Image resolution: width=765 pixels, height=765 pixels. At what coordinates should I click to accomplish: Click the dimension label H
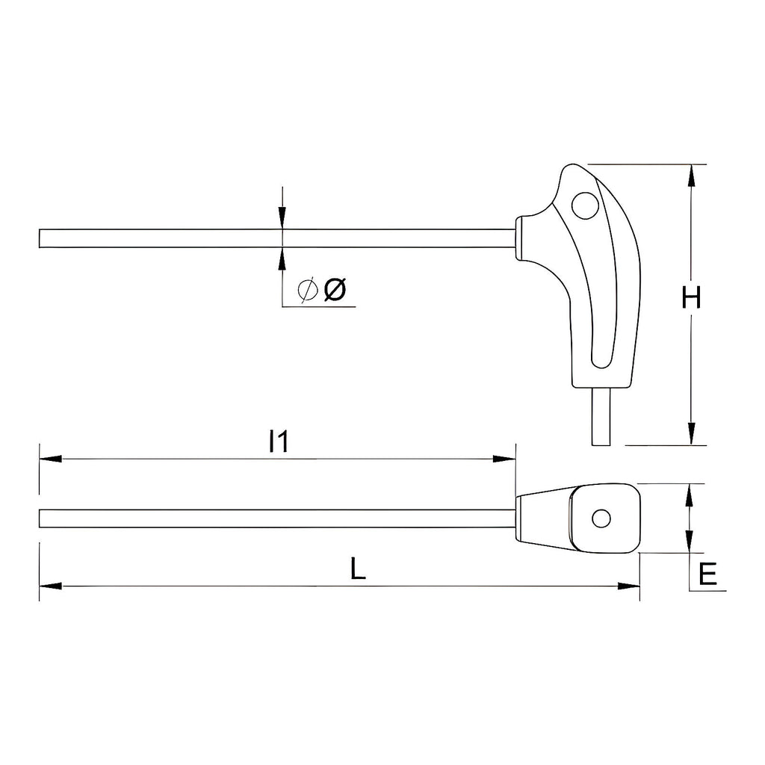691,297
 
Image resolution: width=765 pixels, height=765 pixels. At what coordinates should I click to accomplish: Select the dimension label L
358,569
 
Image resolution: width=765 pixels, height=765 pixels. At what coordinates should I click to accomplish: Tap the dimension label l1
278,441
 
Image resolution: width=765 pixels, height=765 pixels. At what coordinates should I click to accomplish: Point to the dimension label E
707,574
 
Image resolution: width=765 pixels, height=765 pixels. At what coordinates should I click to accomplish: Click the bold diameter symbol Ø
335,289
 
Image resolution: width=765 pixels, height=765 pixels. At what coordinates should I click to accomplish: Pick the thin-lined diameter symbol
307,290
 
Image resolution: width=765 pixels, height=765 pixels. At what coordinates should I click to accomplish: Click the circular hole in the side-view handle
585,205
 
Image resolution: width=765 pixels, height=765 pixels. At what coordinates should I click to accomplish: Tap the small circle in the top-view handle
601,518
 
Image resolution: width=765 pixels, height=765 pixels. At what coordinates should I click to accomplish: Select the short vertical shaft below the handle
601,416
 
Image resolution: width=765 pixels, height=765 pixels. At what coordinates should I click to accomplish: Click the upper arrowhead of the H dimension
691,176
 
